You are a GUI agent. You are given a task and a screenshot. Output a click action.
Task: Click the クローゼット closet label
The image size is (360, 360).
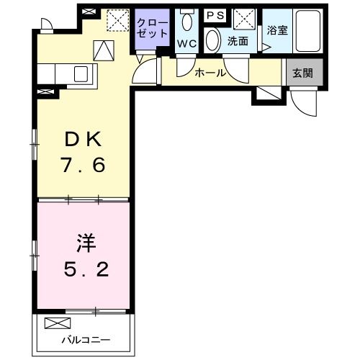[x=152, y=29]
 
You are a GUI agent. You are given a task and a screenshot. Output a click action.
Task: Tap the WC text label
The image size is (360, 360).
[x=186, y=44]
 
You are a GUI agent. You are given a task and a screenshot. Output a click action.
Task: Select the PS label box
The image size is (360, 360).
[x=215, y=15]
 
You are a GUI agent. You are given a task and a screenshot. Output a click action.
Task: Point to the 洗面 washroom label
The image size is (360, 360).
[x=238, y=42]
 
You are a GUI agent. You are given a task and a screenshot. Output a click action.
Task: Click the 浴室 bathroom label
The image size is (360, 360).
[x=276, y=30]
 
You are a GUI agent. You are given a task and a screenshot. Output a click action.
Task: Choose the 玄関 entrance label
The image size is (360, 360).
[x=302, y=72]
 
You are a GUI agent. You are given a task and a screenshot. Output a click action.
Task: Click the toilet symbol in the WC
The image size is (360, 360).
[x=186, y=20]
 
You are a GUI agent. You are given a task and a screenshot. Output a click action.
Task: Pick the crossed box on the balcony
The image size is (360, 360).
[x=55, y=324]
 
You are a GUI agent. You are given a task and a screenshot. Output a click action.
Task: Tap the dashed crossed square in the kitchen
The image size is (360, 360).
[x=116, y=20]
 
